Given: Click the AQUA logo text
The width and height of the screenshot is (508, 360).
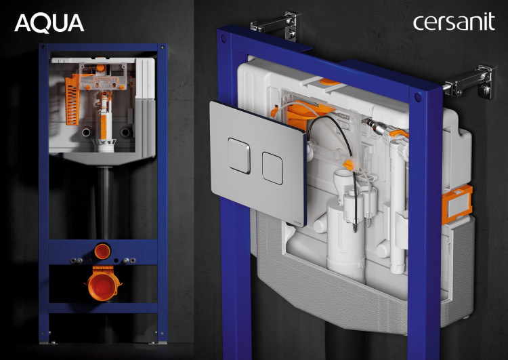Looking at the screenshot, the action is (x=49, y=23).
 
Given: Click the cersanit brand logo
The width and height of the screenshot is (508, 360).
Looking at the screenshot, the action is (x=454, y=22).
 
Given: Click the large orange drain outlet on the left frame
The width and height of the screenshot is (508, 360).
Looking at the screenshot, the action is (x=103, y=283).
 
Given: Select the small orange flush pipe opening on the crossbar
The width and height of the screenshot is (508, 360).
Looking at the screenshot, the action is (x=102, y=252).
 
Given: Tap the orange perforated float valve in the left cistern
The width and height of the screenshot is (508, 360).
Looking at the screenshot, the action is (x=72, y=100).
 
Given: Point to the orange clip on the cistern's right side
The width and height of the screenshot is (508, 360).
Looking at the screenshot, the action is (x=457, y=205).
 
